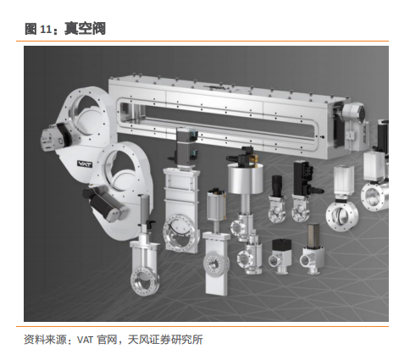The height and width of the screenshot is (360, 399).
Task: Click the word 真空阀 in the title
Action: pyautogui.click(x=85, y=29)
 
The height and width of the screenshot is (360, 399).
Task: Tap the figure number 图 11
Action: pyautogui.click(x=38, y=29)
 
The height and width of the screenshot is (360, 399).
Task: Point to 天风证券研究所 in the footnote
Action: pyautogui.click(x=165, y=340)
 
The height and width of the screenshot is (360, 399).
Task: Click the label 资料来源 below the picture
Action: pyautogui.click(x=45, y=340)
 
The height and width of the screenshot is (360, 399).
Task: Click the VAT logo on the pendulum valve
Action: pyautogui.click(x=85, y=163)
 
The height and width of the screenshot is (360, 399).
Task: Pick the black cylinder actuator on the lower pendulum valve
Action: pyautogui.click(x=104, y=202)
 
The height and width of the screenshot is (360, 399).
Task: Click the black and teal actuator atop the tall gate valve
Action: pyautogui.click(x=186, y=146)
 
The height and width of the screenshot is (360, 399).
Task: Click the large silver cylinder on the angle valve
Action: pyautogui.click(x=246, y=179)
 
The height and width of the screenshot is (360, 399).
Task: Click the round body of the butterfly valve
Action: pyautogui.click(x=341, y=215)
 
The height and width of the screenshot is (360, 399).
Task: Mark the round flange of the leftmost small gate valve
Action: pyautogui.click(x=144, y=281)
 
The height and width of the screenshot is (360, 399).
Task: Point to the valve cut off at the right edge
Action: pyautogui.click(x=377, y=167)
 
